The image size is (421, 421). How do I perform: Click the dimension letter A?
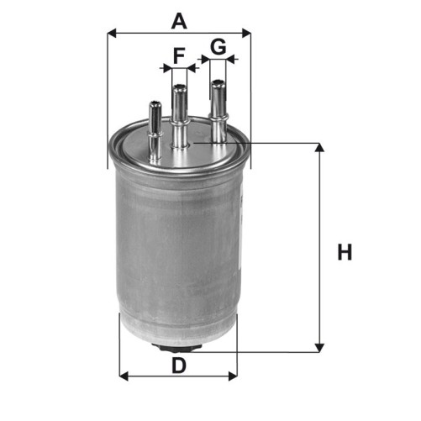[179, 22]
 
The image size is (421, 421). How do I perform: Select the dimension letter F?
[179, 55]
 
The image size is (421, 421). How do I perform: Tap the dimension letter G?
[218, 46]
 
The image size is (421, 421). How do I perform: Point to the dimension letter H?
[345, 252]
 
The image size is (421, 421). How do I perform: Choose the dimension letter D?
[179, 366]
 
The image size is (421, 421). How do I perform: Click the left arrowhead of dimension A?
[112, 33]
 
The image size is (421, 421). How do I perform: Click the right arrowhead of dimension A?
[246, 33]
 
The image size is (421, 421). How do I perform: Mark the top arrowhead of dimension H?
[319, 147]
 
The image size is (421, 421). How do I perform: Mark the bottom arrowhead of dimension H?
[319, 348]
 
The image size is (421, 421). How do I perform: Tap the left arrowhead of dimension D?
[124, 376]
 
